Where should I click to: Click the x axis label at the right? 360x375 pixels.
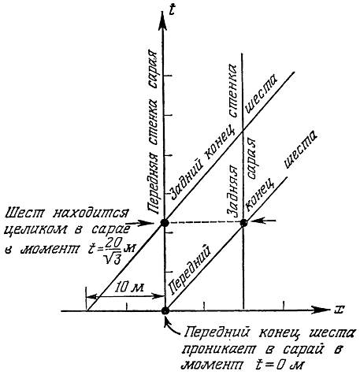point(339,310)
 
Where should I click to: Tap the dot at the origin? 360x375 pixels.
point(165,311)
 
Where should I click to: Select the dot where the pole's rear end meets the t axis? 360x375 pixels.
point(165,223)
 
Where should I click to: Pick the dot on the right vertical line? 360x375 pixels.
point(243,223)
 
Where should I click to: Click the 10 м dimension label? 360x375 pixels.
point(130,288)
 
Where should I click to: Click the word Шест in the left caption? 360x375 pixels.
point(25,213)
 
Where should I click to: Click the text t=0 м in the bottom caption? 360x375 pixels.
point(278,365)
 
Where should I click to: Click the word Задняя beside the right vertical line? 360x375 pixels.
point(232,191)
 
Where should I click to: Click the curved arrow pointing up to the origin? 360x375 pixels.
point(171,325)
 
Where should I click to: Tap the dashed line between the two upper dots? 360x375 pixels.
point(204,223)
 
